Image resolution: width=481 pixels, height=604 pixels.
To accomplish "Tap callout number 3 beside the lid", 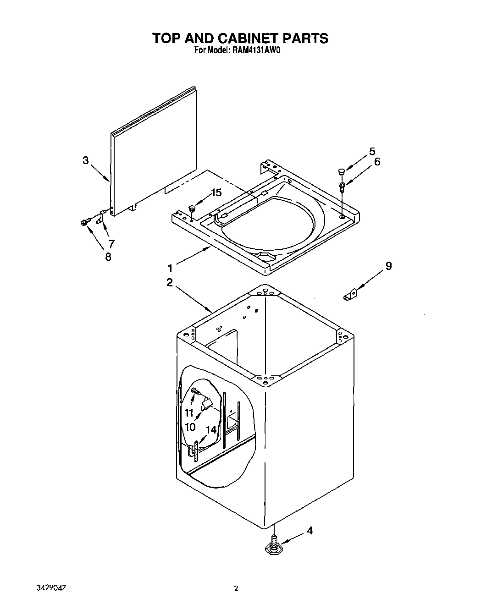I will coord(85,160).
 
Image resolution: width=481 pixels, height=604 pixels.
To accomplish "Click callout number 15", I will coord(216,192).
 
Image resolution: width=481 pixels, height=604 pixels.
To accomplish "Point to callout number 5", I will coord(372,151).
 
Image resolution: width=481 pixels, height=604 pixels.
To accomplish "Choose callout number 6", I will coord(377,161).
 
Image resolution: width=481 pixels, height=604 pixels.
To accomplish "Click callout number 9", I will coord(388,266).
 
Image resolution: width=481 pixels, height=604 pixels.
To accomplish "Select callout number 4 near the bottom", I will coord(310,531).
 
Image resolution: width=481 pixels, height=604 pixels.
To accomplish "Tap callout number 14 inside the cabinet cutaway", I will coord(211,429).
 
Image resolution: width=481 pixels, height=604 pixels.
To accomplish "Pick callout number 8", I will coord(108,257).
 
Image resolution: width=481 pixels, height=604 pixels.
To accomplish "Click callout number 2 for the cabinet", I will coord(170,283).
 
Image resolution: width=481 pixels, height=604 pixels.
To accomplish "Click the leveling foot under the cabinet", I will coord(274,545).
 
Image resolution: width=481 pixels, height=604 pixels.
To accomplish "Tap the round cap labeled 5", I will coord(342,171).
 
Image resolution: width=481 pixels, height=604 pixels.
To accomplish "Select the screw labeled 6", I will coord(342,187).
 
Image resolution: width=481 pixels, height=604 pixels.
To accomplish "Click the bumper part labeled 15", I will coord(192,209).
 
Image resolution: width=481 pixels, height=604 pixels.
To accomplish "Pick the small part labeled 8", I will coord(83,223).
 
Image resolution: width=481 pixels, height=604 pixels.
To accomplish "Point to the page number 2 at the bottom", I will coord(236,589).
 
